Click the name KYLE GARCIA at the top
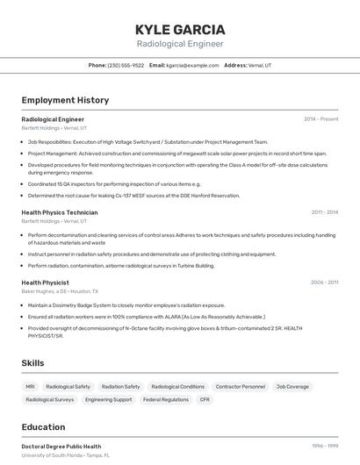point(180,29)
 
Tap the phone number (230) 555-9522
point(126,65)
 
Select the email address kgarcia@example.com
point(192,65)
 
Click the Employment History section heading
point(65,100)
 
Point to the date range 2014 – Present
point(320,118)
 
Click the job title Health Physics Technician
point(60,212)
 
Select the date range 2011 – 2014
point(324,212)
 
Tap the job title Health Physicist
point(45,283)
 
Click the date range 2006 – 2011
point(324,283)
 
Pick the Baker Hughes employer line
point(60,291)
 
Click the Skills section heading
point(33,362)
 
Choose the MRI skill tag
point(31,386)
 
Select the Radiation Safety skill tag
point(120,386)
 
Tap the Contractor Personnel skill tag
point(240,386)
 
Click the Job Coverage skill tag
point(292,386)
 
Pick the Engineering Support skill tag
point(108,399)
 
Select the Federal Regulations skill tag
point(166,399)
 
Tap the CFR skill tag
point(205,399)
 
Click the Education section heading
point(43,427)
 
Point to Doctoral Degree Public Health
point(61,447)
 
